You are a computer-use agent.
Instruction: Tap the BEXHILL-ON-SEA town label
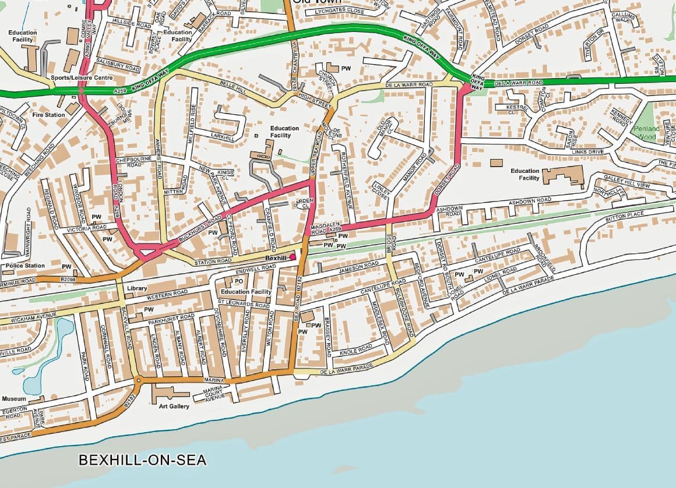coord(142,460)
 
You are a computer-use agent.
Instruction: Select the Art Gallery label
coord(174,406)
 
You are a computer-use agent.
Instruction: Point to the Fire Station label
coord(48,115)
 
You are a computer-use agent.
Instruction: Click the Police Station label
coord(23,266)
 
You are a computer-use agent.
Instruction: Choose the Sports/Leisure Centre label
coord(82,77)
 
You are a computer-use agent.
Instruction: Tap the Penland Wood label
coord(647,133)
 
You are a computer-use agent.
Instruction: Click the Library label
coord(137,288)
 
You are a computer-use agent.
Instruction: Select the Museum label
coord(14,399)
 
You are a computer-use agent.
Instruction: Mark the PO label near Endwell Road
coord(239,282)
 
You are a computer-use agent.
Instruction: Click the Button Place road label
coord(625,216)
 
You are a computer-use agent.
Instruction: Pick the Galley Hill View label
coord(626,181)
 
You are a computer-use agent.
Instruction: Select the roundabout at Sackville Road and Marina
coord(138,381)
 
